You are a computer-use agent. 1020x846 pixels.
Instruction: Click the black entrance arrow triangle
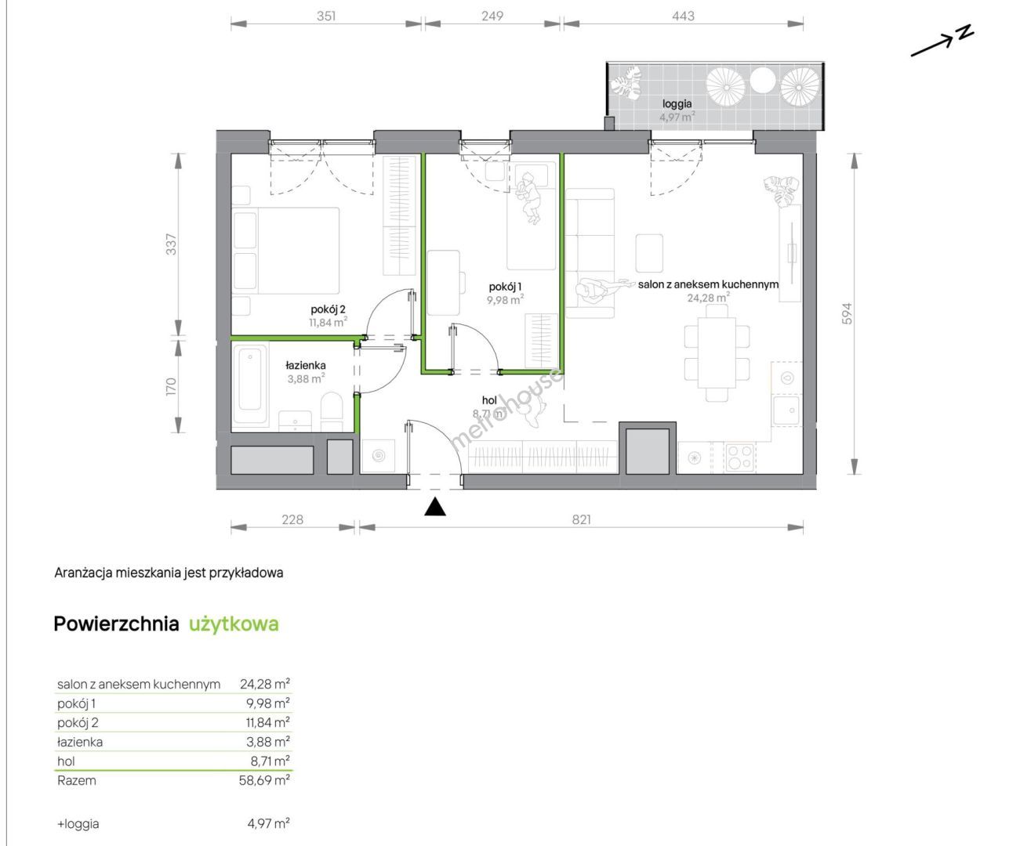(x=435, y=507)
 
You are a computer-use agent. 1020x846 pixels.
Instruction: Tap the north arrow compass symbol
(x=942, y=41)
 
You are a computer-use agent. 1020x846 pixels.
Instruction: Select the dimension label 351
(x=326, y=16)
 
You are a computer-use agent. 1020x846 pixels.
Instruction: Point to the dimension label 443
(x=683, y=16)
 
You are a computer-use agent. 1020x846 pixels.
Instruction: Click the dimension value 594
(x=847, y=313)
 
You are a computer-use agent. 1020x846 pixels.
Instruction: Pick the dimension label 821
(x=581, y=519)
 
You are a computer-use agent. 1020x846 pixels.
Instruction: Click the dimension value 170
(x=170, y=387)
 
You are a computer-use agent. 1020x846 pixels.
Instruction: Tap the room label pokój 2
(x=328, y=309)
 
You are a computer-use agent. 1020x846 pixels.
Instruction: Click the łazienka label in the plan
(x=306, y=365)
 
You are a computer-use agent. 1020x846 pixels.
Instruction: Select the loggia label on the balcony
(x=677, y=103)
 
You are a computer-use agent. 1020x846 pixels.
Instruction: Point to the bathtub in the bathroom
(x=250, y=384)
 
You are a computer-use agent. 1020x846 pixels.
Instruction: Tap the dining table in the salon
(x=717, y=352)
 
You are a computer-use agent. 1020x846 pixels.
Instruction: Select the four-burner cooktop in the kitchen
(x=739, y=457)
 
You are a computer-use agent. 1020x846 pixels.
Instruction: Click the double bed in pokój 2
(x=286, y=251)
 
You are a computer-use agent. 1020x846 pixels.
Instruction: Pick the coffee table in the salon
(x=649, y=253)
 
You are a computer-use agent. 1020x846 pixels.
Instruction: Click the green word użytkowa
(x=234, y=624)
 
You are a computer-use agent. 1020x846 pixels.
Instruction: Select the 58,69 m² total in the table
(x=264, y=780)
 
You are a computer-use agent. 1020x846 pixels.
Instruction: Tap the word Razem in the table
(x=77, y=780)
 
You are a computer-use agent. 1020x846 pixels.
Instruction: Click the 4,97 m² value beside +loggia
(x=269, y=823)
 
